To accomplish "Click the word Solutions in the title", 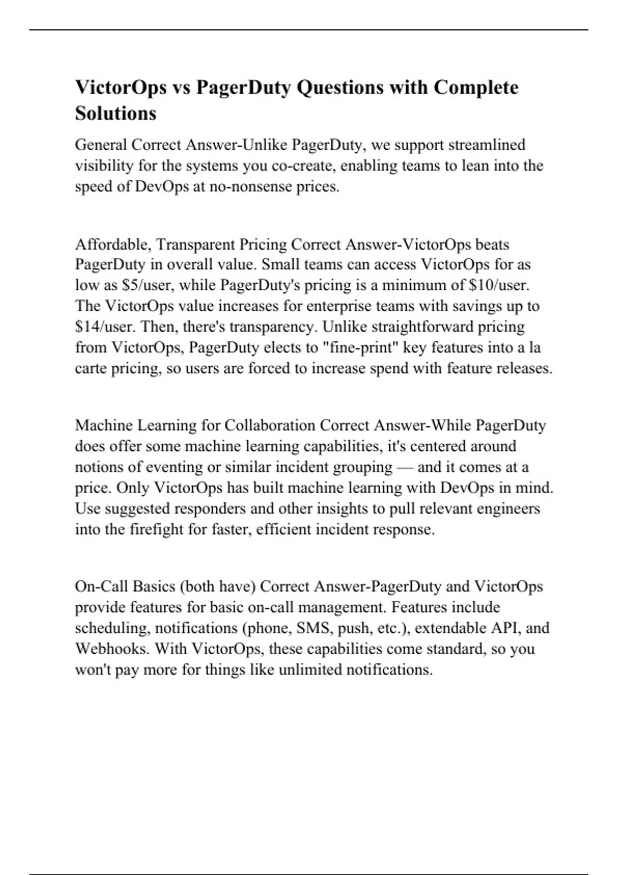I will point(115,113).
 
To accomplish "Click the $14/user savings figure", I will point(106,327).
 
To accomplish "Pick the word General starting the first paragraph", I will point(101,145).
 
